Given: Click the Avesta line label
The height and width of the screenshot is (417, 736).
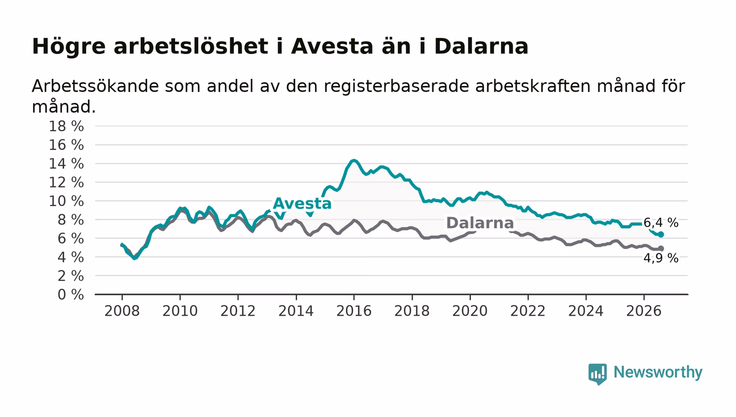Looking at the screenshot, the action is [x=302, y=204].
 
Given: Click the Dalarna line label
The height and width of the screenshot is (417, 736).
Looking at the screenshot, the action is [x=479, y=223].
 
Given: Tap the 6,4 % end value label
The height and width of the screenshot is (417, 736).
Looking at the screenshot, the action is [x=661, y=223].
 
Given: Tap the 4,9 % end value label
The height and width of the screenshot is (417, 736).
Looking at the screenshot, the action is [x=661, y=258].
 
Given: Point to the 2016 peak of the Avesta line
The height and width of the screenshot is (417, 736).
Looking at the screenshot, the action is [x=353, y=160].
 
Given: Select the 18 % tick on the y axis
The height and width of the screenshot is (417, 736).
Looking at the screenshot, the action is [x=66, y=126].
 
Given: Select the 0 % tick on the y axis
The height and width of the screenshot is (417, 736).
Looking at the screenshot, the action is [x=70, y=295].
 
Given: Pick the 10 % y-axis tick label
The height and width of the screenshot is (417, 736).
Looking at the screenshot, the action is [x=66, y=201].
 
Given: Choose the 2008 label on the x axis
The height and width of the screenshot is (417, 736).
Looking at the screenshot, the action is [x=122, y=311].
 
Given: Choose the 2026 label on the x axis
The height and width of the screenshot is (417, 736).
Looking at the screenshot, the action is [x=643, y=311].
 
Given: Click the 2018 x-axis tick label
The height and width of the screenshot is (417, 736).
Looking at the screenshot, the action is [x=412, y=311].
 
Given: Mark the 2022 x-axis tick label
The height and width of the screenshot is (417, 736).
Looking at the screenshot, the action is [x=528, y=311].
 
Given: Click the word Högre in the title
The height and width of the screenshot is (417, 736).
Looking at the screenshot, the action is [x=69, y=46].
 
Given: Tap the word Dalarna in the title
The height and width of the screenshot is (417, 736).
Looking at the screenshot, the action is [x=481, y=46].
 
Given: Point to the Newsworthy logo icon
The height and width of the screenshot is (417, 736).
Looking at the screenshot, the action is [x=598, y=374].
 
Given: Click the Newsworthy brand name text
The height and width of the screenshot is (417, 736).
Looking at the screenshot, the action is [x=658, y=372].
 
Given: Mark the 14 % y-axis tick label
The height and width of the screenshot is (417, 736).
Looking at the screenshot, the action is [x=66, y=163].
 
